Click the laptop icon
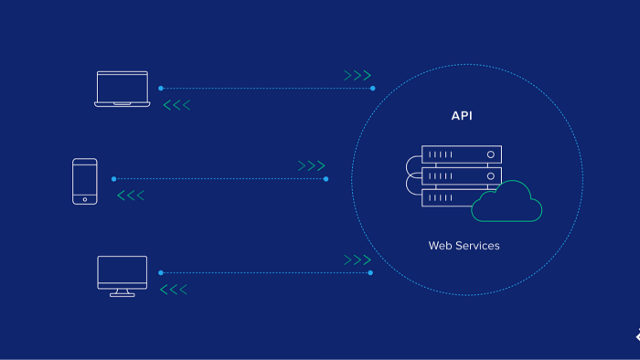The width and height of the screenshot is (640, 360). pyautogui.click(x=123, y=89)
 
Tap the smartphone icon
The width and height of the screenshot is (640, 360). pyautogui.click(x=85, y=182)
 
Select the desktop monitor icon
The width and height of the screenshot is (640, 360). pyautogui.click(x=123, y=276)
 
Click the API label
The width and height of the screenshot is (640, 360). pyautogui.click(x=462, y=116)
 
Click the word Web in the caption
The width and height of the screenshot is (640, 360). pyautogui.click(x=439, y=246)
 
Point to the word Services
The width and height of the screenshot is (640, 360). pyautogui.click(x=477, y=246)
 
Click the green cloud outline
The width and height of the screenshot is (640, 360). pyautogui.click(x=507, y=201)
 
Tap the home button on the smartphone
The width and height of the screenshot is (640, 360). pyautogui.click(x=85, y=199)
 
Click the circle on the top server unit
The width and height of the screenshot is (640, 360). pyautogui.click(x=491, y=154)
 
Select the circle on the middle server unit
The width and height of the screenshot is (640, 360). pyautogui.click(x=491, y=176)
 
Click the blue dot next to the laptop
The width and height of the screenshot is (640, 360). pyautogui.click(x=161, y=88)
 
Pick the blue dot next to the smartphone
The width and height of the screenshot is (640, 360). pyautogui.click(x=114, y=178)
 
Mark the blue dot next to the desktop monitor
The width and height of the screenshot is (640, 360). pyautogui.click(x=161, y=272)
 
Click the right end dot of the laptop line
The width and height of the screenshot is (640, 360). pyautogui.click(x=373, y=88)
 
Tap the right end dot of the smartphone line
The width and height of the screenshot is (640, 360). pyautogui.click(x=325, y=178)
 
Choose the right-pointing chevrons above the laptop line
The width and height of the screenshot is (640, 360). pyautogui.click(x=357, y=75)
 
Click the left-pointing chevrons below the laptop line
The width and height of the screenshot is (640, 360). pyautogui.click(x=176, y=105)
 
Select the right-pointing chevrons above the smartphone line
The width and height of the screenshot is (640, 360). pyautogui.click(x=312, y=165)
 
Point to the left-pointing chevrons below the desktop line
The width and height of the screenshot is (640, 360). pyautogui.click(x=174, y=290)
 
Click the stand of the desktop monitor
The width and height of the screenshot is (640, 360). pyautogui.click(x=123, y=293)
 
